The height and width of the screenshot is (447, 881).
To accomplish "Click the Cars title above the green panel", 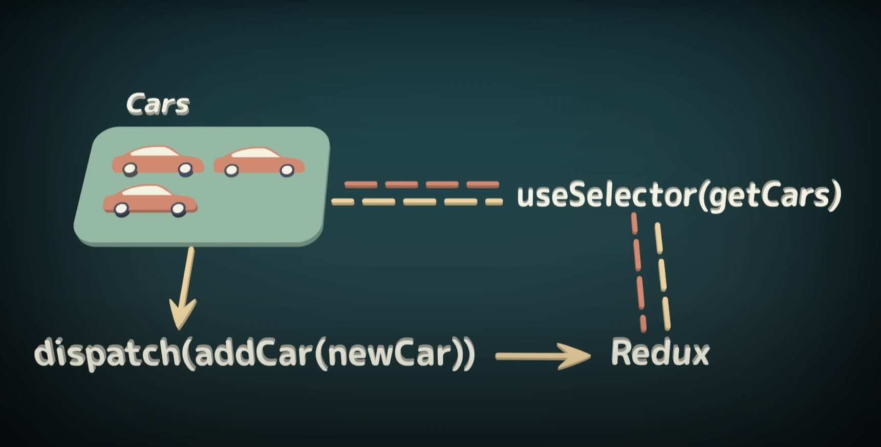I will click(158, 104).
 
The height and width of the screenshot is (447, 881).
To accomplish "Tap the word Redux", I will click(660, 352).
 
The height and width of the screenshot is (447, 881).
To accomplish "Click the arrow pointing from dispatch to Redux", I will click(543, 356).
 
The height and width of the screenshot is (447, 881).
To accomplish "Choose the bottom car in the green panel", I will click(150, 200).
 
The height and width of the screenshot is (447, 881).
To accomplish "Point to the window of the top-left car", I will click(154, 151).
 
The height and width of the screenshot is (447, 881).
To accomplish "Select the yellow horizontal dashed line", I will click(417, 202).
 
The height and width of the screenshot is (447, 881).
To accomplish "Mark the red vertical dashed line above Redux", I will click(638, 271).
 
